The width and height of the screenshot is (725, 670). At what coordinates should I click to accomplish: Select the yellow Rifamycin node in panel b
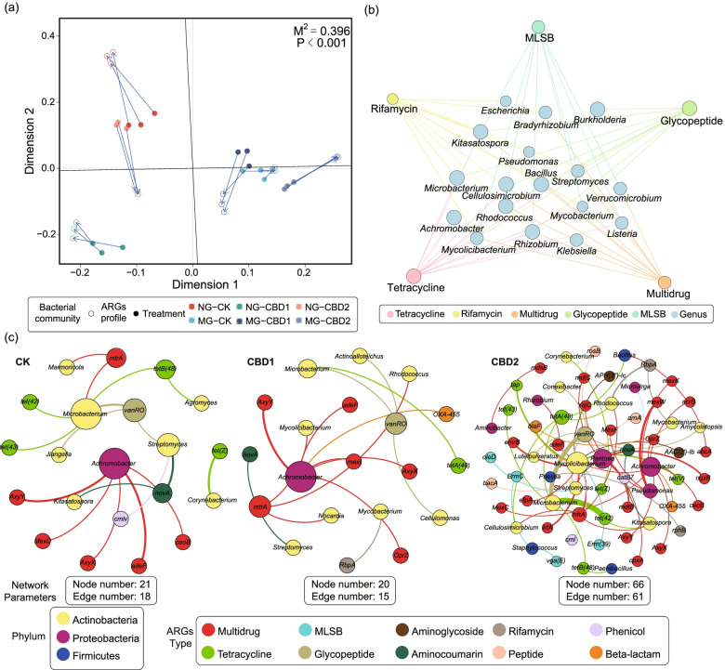(393, 99)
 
